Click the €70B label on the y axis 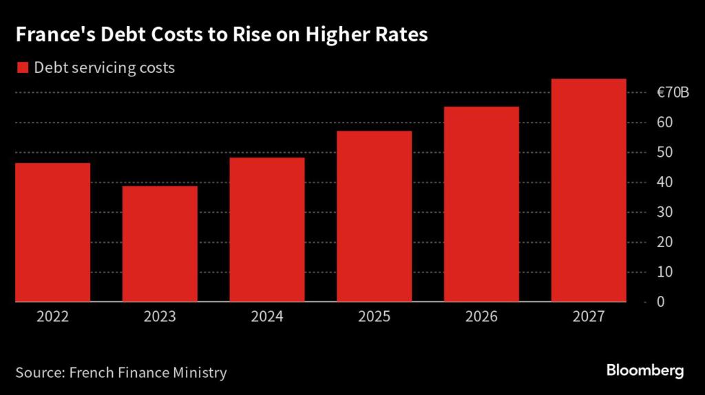671,93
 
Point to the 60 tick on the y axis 664,122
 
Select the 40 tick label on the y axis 664,182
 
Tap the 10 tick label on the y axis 664,272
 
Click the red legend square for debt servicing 22,67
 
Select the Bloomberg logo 645,371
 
